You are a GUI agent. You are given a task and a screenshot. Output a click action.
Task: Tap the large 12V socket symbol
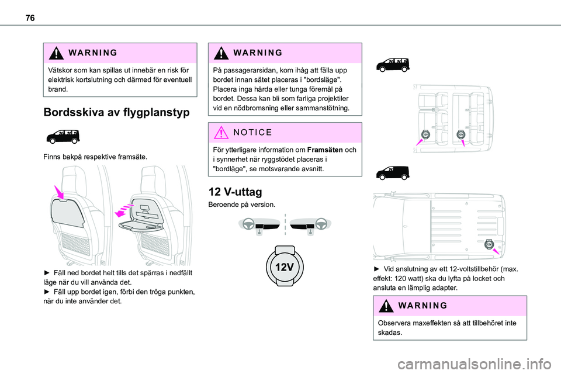pyautogui.click(x=286, y=267)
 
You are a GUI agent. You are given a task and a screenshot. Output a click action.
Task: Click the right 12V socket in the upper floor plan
pyautogui.click(x=460, y=134)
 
